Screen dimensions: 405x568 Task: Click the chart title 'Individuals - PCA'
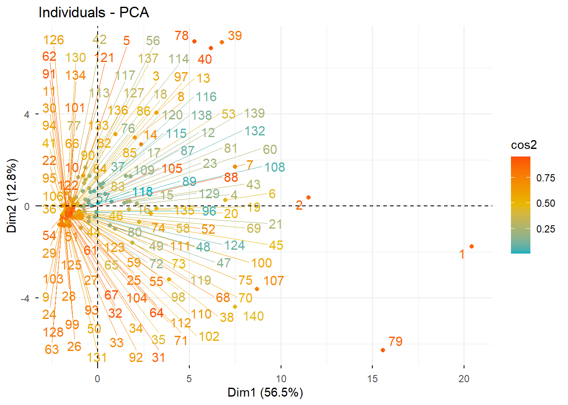94,12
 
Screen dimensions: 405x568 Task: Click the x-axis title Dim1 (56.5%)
265,392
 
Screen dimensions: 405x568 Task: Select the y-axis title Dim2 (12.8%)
12,196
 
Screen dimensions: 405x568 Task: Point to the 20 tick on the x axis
464,379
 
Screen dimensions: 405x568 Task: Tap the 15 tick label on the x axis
372,379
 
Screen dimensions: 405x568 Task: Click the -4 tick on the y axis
25,299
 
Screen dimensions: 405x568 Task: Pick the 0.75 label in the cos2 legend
546,178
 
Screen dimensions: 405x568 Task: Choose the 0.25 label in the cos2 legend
546,229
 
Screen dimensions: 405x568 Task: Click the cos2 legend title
524,145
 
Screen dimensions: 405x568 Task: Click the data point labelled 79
383,350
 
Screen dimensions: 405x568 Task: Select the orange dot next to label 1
472,246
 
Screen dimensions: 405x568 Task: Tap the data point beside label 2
309,197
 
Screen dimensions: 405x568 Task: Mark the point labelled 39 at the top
222,42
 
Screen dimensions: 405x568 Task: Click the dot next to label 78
194,41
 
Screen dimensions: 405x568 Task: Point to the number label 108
275,167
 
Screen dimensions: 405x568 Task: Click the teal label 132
254,131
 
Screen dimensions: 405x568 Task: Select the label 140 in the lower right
254,316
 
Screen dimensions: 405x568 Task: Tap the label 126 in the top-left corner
54,40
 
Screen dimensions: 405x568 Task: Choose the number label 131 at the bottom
97,358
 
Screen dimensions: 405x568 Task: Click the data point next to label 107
257,289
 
